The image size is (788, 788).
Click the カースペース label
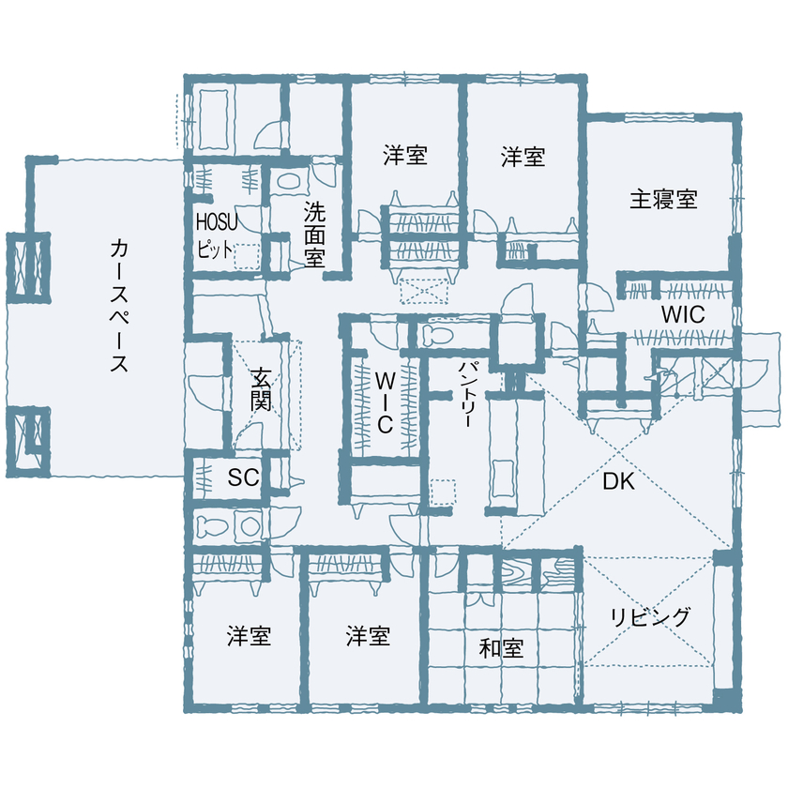[x=119, y=306]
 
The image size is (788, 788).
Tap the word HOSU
[x=217, y=221]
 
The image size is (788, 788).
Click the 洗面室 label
[x=313, y=235]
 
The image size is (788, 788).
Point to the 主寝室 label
[x=662, y=199]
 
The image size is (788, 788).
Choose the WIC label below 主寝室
[x=682, y=315]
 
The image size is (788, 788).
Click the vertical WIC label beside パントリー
[x=385, y=402]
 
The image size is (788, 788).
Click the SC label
[x=243, y=477]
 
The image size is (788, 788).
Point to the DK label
[x=619, y=483]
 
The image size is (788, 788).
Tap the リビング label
[x=650, y=616]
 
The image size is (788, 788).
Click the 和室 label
[x=501, y=648]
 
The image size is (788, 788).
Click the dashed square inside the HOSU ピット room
[x=247, y=256]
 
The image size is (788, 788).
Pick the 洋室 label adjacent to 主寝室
[x=523, y=157]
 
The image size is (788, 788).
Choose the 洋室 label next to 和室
[x=368, y=636]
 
